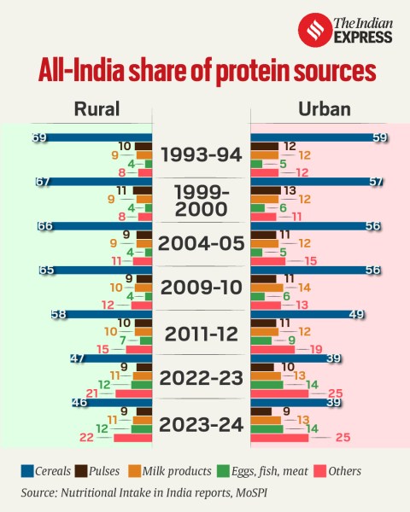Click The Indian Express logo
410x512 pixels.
[x=345, y=30]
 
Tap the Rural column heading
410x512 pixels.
[x=97, y=108]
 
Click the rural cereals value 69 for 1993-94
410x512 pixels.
[x=38, y=137]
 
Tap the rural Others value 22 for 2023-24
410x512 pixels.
[x=86, y=438]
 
